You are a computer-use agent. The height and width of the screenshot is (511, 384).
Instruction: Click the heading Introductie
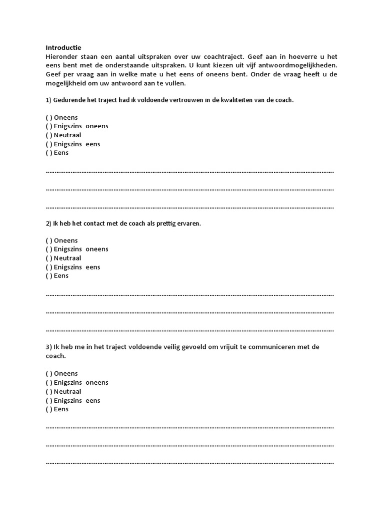click(63, 47)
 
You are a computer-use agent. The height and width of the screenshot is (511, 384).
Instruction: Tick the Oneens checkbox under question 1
click(49, 117)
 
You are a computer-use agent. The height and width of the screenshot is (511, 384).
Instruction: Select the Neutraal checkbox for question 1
click(49, 135)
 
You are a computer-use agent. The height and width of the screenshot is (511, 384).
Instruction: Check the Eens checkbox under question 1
click(49, 153)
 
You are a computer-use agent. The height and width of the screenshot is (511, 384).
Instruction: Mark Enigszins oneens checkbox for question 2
click(49, 249)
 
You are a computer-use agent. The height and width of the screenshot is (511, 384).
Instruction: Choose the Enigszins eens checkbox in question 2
click(49, 267)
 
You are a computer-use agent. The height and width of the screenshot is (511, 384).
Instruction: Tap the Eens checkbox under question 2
click(49, 276)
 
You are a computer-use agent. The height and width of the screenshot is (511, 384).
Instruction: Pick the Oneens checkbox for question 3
click(49, 374)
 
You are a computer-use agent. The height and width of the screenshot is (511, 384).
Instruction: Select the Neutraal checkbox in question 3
click(49, 392)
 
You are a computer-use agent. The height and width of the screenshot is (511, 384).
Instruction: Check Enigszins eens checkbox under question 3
click(49, 401)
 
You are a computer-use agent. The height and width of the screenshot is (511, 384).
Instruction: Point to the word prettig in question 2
click(164, 224)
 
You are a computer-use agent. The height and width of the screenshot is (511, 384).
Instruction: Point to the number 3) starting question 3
click(48, 347)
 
